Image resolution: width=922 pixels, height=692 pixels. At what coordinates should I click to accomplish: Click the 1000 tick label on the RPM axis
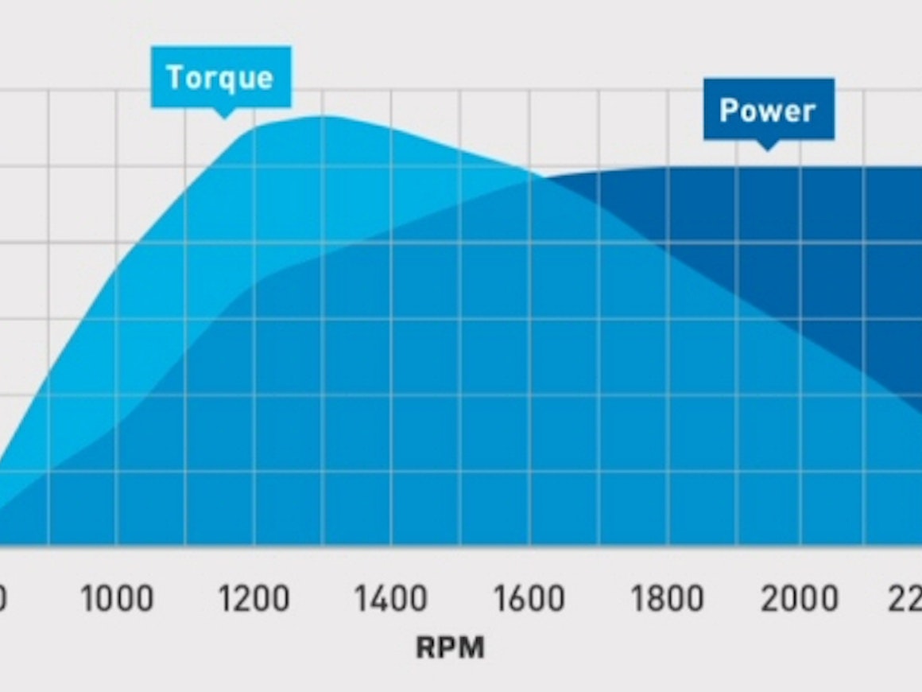coord(117,598)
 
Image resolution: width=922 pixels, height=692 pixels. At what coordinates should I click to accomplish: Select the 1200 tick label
coord(254,598)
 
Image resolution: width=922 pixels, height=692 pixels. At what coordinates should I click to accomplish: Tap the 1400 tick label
coord(391,598)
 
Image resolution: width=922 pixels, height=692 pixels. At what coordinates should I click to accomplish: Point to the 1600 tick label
coord(529,598)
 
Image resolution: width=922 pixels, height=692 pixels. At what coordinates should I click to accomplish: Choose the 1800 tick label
coord(667,598)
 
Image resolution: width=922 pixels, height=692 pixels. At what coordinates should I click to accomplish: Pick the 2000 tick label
coord(800,598)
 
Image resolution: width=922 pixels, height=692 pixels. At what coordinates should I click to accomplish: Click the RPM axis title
coord(449,647)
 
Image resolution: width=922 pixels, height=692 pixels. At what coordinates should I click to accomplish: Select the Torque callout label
coord(220,77)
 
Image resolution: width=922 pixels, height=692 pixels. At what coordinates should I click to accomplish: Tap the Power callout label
coord(768,110)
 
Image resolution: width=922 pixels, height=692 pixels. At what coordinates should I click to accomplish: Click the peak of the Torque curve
coord(322,116)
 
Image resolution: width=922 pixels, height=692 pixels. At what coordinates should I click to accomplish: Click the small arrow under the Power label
coord(767,145)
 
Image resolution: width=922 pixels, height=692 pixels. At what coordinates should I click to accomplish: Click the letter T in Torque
coord(174,77)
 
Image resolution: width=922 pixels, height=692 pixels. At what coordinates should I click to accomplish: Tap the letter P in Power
coord(726,110)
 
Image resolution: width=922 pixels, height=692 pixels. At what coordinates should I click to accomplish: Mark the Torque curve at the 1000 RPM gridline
coord(117,269)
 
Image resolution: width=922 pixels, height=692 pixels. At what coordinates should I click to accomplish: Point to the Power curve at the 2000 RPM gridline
coord(800,167)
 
